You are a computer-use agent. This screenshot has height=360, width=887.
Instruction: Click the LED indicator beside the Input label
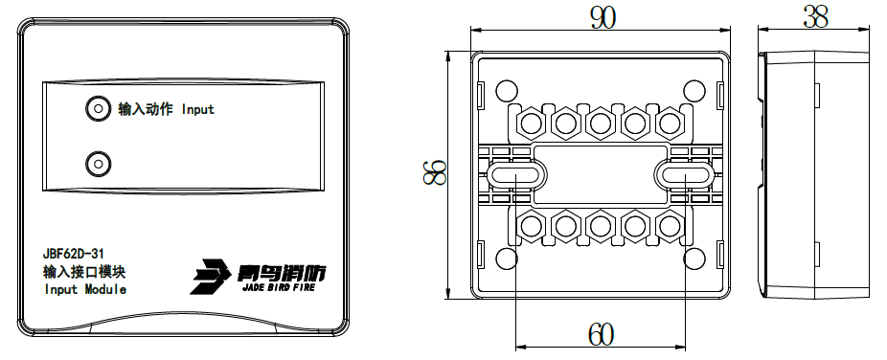pos(98,108)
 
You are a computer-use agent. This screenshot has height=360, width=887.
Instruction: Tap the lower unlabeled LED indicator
pos(98,164)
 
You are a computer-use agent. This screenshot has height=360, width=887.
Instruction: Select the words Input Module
pos(85,290)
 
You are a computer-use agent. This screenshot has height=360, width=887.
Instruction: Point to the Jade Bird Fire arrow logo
pos(210,277)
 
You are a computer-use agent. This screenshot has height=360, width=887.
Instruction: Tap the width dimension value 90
pos(603,18)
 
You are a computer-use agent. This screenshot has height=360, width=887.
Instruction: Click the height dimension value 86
pos(435,172)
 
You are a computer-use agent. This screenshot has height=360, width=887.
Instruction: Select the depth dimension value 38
pos(815,18)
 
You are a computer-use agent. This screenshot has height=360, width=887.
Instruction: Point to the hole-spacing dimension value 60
pos(601,334)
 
